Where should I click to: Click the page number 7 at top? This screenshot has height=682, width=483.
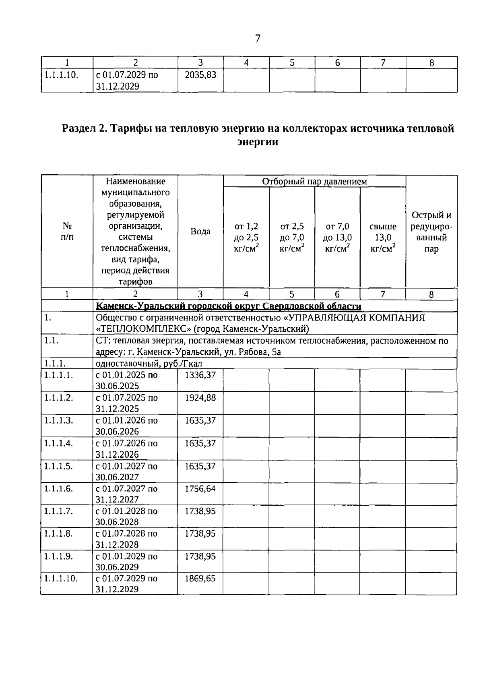pos(258,39)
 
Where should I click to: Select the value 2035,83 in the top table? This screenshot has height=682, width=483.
pos(200,75)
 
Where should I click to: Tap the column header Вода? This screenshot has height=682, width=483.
pos(200,231)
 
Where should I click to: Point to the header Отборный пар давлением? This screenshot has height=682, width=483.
pos(314,182)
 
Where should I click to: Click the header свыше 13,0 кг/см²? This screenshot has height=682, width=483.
pos(383,238)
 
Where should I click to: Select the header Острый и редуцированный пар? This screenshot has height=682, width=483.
pos(431,232)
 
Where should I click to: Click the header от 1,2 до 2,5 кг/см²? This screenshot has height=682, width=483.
pos(246,238)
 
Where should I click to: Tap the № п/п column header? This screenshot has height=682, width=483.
pos(67,232)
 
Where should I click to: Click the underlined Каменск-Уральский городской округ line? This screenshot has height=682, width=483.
pos(228,306)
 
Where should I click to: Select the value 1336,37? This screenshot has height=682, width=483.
pos(200,375)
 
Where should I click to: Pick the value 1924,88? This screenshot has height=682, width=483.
pos(200,398)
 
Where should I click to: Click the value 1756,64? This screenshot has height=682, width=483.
pos(200,489)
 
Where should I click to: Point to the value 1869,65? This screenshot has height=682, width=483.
pos(200,579)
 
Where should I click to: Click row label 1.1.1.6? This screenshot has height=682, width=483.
pos(58,489)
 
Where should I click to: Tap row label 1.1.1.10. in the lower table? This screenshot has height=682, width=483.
pos(60,579)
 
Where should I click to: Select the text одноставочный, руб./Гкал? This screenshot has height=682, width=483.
pos(149,364)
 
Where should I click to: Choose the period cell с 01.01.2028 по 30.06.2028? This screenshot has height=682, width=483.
pos(127,517)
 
